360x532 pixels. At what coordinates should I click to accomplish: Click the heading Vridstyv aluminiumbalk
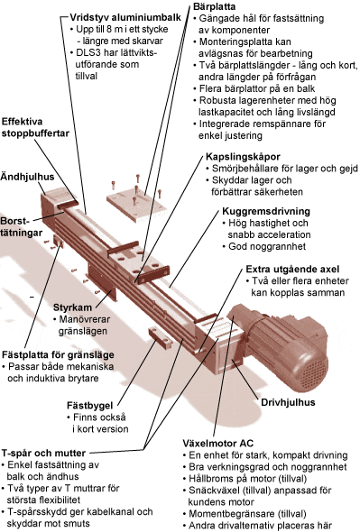(x=125, y=17)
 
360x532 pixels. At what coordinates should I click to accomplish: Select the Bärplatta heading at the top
(x=214, y=6)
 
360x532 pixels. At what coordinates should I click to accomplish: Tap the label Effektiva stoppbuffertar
(x=35, y=127)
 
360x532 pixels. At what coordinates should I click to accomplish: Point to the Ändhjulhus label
(x=27, y=177)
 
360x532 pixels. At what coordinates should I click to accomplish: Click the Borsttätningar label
(x=22, y=226)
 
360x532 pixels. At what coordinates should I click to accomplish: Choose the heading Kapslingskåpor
(x=243, y=157)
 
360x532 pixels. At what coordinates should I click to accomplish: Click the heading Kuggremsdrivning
(x=266, y=211)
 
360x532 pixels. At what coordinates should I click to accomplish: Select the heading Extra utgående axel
(x=292, y=270)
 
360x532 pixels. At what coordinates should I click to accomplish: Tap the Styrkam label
(x=72, y=307)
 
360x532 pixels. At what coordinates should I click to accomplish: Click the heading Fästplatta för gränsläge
(x=58, y=355)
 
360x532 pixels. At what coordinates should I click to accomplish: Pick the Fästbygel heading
(x=89, y=406)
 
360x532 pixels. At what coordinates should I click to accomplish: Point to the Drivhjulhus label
(x=288, y=402)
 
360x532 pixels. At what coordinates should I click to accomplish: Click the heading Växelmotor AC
(x=218, y=444)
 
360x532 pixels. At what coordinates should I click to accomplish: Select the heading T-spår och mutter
(x=43, y=454)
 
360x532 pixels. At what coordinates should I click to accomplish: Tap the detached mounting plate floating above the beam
(x=136, y=205)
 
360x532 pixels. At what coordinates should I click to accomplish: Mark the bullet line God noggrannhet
(x=267, y=246)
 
